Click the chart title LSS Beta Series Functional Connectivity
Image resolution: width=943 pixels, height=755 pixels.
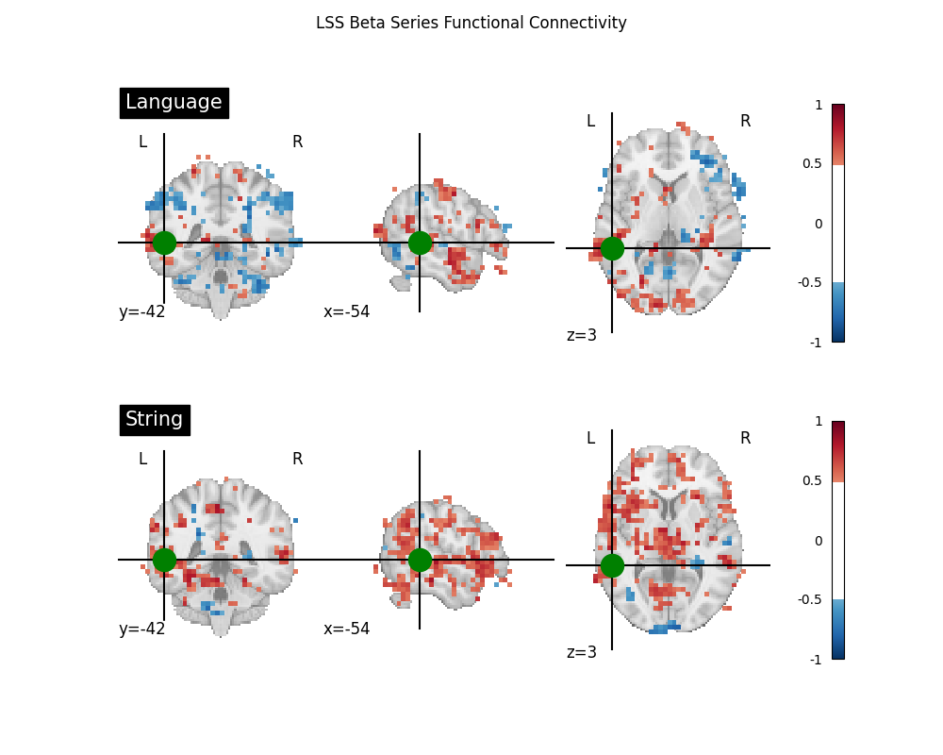(x=471, y=23)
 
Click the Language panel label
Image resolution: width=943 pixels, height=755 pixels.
(x=174, y=102)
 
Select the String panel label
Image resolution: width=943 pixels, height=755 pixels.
(x=155, y=419)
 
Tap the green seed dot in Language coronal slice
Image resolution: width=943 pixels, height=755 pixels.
(x=164, y=243)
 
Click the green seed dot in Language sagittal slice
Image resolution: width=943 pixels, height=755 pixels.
(x=420, y=243)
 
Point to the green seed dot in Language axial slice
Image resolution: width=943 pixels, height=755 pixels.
(x=612, y=248)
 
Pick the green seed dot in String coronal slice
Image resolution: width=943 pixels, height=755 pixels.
(x=164, y=560)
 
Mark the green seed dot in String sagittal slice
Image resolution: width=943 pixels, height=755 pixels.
(x=420, y=560)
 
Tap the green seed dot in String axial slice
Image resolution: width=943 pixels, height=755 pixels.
(x=612, y=565)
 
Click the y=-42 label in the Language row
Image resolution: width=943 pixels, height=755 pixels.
(x=142, y=311)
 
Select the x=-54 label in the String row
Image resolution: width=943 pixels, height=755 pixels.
(x=347, y=629)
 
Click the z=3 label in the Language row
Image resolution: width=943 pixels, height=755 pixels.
(x=582, y=335)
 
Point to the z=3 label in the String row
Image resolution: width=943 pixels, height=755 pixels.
(x=582, y=652)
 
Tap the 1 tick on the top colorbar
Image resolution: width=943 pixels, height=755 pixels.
(x=818, y=105)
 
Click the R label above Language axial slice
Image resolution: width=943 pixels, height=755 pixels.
(x=745, y=121)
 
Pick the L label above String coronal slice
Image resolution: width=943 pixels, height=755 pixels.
(x=142, y=459)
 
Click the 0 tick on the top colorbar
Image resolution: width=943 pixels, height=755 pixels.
(x=818, y=224)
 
